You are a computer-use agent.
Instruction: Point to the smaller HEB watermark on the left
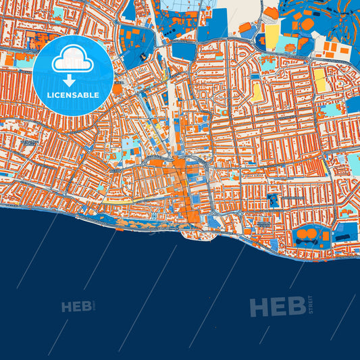76,307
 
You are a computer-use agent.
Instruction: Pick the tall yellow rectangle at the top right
272,37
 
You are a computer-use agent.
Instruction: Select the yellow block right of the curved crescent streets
257,88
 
